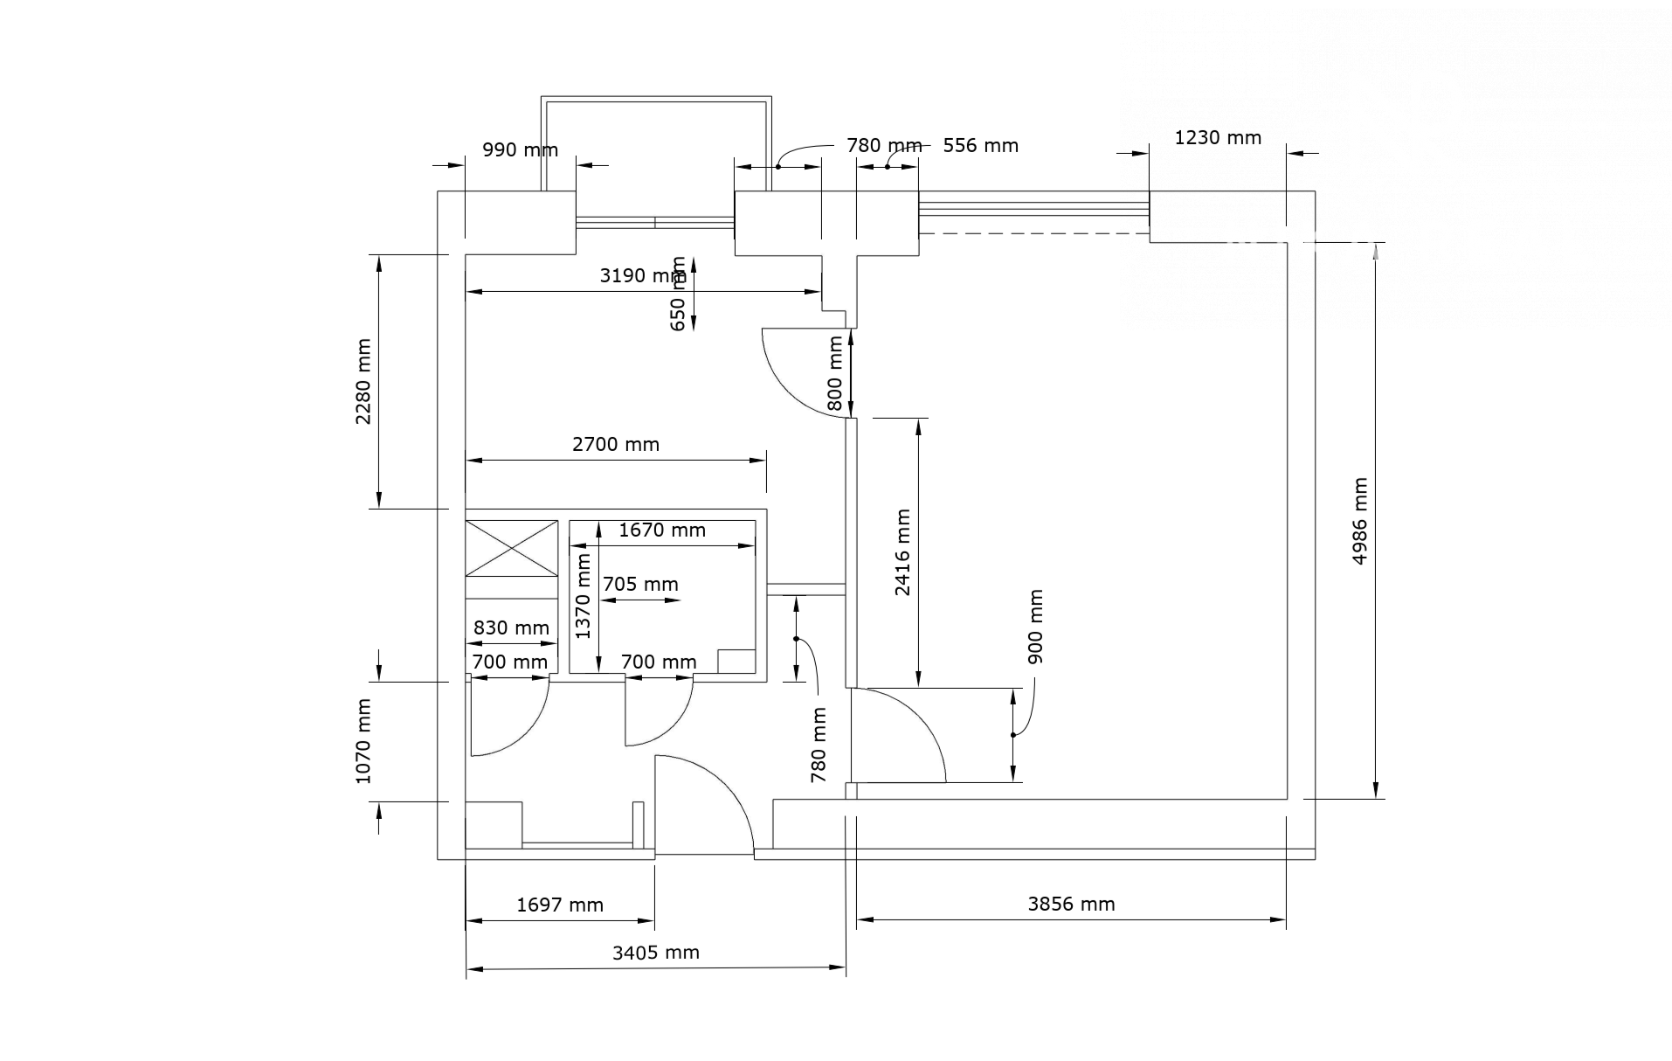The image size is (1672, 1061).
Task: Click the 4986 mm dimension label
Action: [1359, 521]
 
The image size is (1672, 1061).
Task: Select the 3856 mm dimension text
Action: [1071, 905]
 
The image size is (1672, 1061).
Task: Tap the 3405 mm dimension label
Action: [656, 953]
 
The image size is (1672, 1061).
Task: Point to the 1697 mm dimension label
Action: [560, 905]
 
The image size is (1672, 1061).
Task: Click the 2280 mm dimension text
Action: [363, 381]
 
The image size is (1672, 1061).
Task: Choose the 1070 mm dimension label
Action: [363, 741]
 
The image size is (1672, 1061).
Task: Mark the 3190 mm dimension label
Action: [643, 276]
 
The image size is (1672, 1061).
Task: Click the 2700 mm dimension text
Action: [616, 445]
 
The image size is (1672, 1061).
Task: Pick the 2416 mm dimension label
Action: [902, 552]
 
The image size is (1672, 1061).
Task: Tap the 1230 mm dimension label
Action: [1218, 138]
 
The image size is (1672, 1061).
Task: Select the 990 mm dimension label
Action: [521, 150]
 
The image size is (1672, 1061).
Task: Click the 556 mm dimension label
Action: [981, 146]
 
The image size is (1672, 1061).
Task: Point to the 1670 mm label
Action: [662, 530]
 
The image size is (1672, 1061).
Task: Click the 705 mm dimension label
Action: [640, 585]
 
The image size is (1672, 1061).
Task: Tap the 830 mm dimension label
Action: [511, 628]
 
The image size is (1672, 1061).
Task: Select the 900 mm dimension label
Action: [1035, 627]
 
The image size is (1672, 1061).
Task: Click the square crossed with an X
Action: [512, 548]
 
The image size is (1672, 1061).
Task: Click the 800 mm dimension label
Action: [835, 373]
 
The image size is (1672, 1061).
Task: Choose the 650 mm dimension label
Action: [678, 294]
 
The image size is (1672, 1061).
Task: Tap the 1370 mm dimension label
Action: [584, 597]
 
